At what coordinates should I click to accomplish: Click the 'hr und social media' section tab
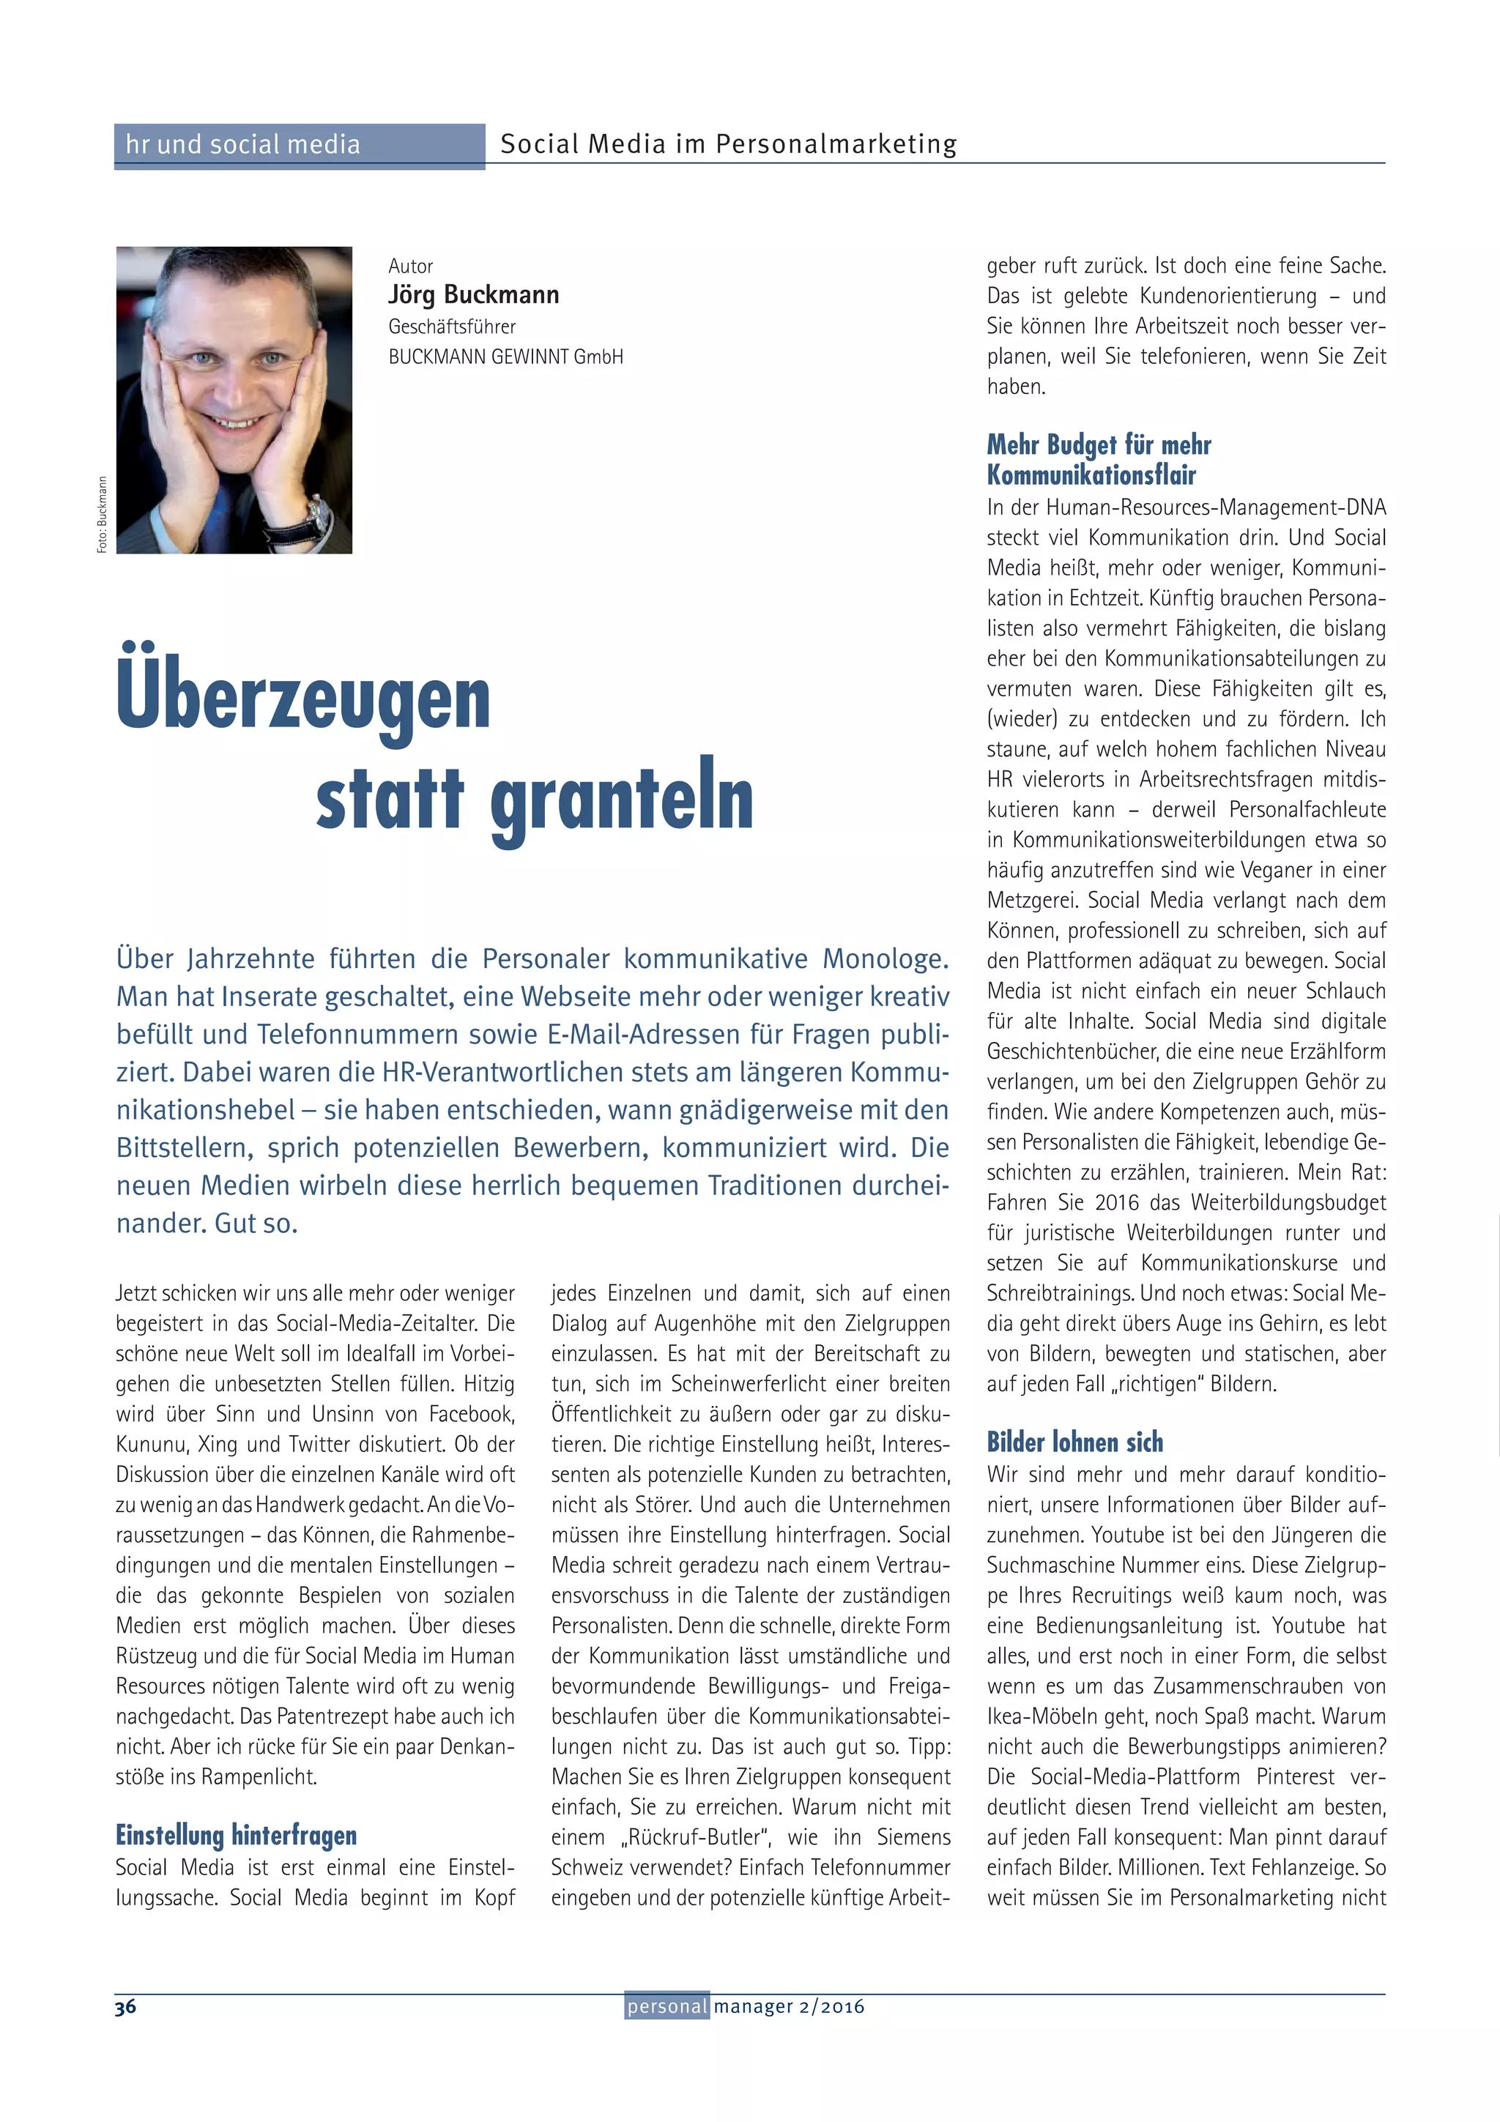pyautogui.click(x=243, y=145)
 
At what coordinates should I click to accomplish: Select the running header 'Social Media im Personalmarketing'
pyautogui.click(x=728, y=144)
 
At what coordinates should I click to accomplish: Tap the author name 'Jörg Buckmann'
pyautogui.click(x=473, y=295)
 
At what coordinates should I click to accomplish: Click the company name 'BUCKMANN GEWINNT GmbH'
pyautogui.click(x=505, y=357)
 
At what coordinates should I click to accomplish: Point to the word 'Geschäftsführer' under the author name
pyautogui.click(x=452, y=327)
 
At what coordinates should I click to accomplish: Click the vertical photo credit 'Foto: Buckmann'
pyautogui.click(x=102, y=515)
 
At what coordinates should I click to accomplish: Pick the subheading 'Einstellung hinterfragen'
pyautogui.click(x=236, y=1834)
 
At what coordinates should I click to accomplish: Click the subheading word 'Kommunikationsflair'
pyautogui.click(x=1091, y=475)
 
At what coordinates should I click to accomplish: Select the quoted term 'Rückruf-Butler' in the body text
pyautogui.click(x=688, y=1837)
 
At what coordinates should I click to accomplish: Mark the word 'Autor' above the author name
pyautogui.click(x=410, y=267)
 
